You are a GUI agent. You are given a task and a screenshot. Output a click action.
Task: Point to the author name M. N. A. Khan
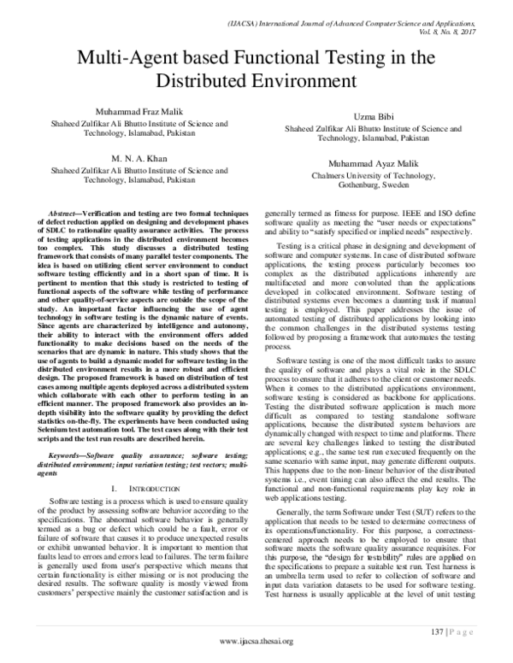pos(126,159)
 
